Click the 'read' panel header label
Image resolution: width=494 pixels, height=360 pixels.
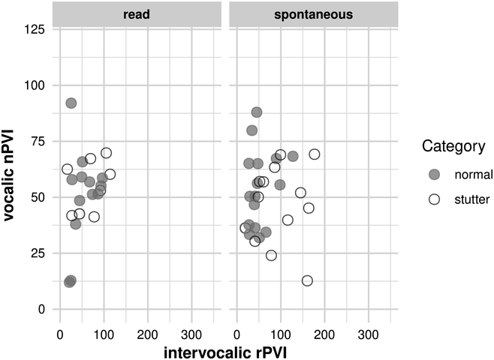137,14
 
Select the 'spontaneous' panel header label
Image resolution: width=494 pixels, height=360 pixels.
314,15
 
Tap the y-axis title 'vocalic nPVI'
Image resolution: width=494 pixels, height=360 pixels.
9,174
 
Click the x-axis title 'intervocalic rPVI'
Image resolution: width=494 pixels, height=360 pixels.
225,352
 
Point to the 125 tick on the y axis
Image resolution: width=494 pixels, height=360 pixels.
35,29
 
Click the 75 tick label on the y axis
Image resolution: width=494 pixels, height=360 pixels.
38,141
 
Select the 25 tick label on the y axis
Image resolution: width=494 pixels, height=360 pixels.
38,253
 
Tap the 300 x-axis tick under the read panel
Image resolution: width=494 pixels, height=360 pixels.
191,334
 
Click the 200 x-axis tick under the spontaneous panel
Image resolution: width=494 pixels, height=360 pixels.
324,334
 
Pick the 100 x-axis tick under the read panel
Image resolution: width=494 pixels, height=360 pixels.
104,334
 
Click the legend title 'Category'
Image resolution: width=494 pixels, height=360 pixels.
453,146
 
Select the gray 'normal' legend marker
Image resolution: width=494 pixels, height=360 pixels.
435,174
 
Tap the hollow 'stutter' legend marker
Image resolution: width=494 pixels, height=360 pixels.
435,199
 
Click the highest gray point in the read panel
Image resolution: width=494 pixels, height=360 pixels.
71,103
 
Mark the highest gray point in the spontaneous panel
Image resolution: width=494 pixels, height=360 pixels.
257,112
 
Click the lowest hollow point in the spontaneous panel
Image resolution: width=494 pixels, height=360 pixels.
307,280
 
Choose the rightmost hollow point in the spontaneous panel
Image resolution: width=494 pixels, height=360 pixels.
314,154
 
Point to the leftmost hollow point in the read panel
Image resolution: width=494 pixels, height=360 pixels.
67,169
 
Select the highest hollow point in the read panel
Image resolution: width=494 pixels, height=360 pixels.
106,153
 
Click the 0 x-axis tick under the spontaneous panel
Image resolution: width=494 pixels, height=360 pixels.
237,334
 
